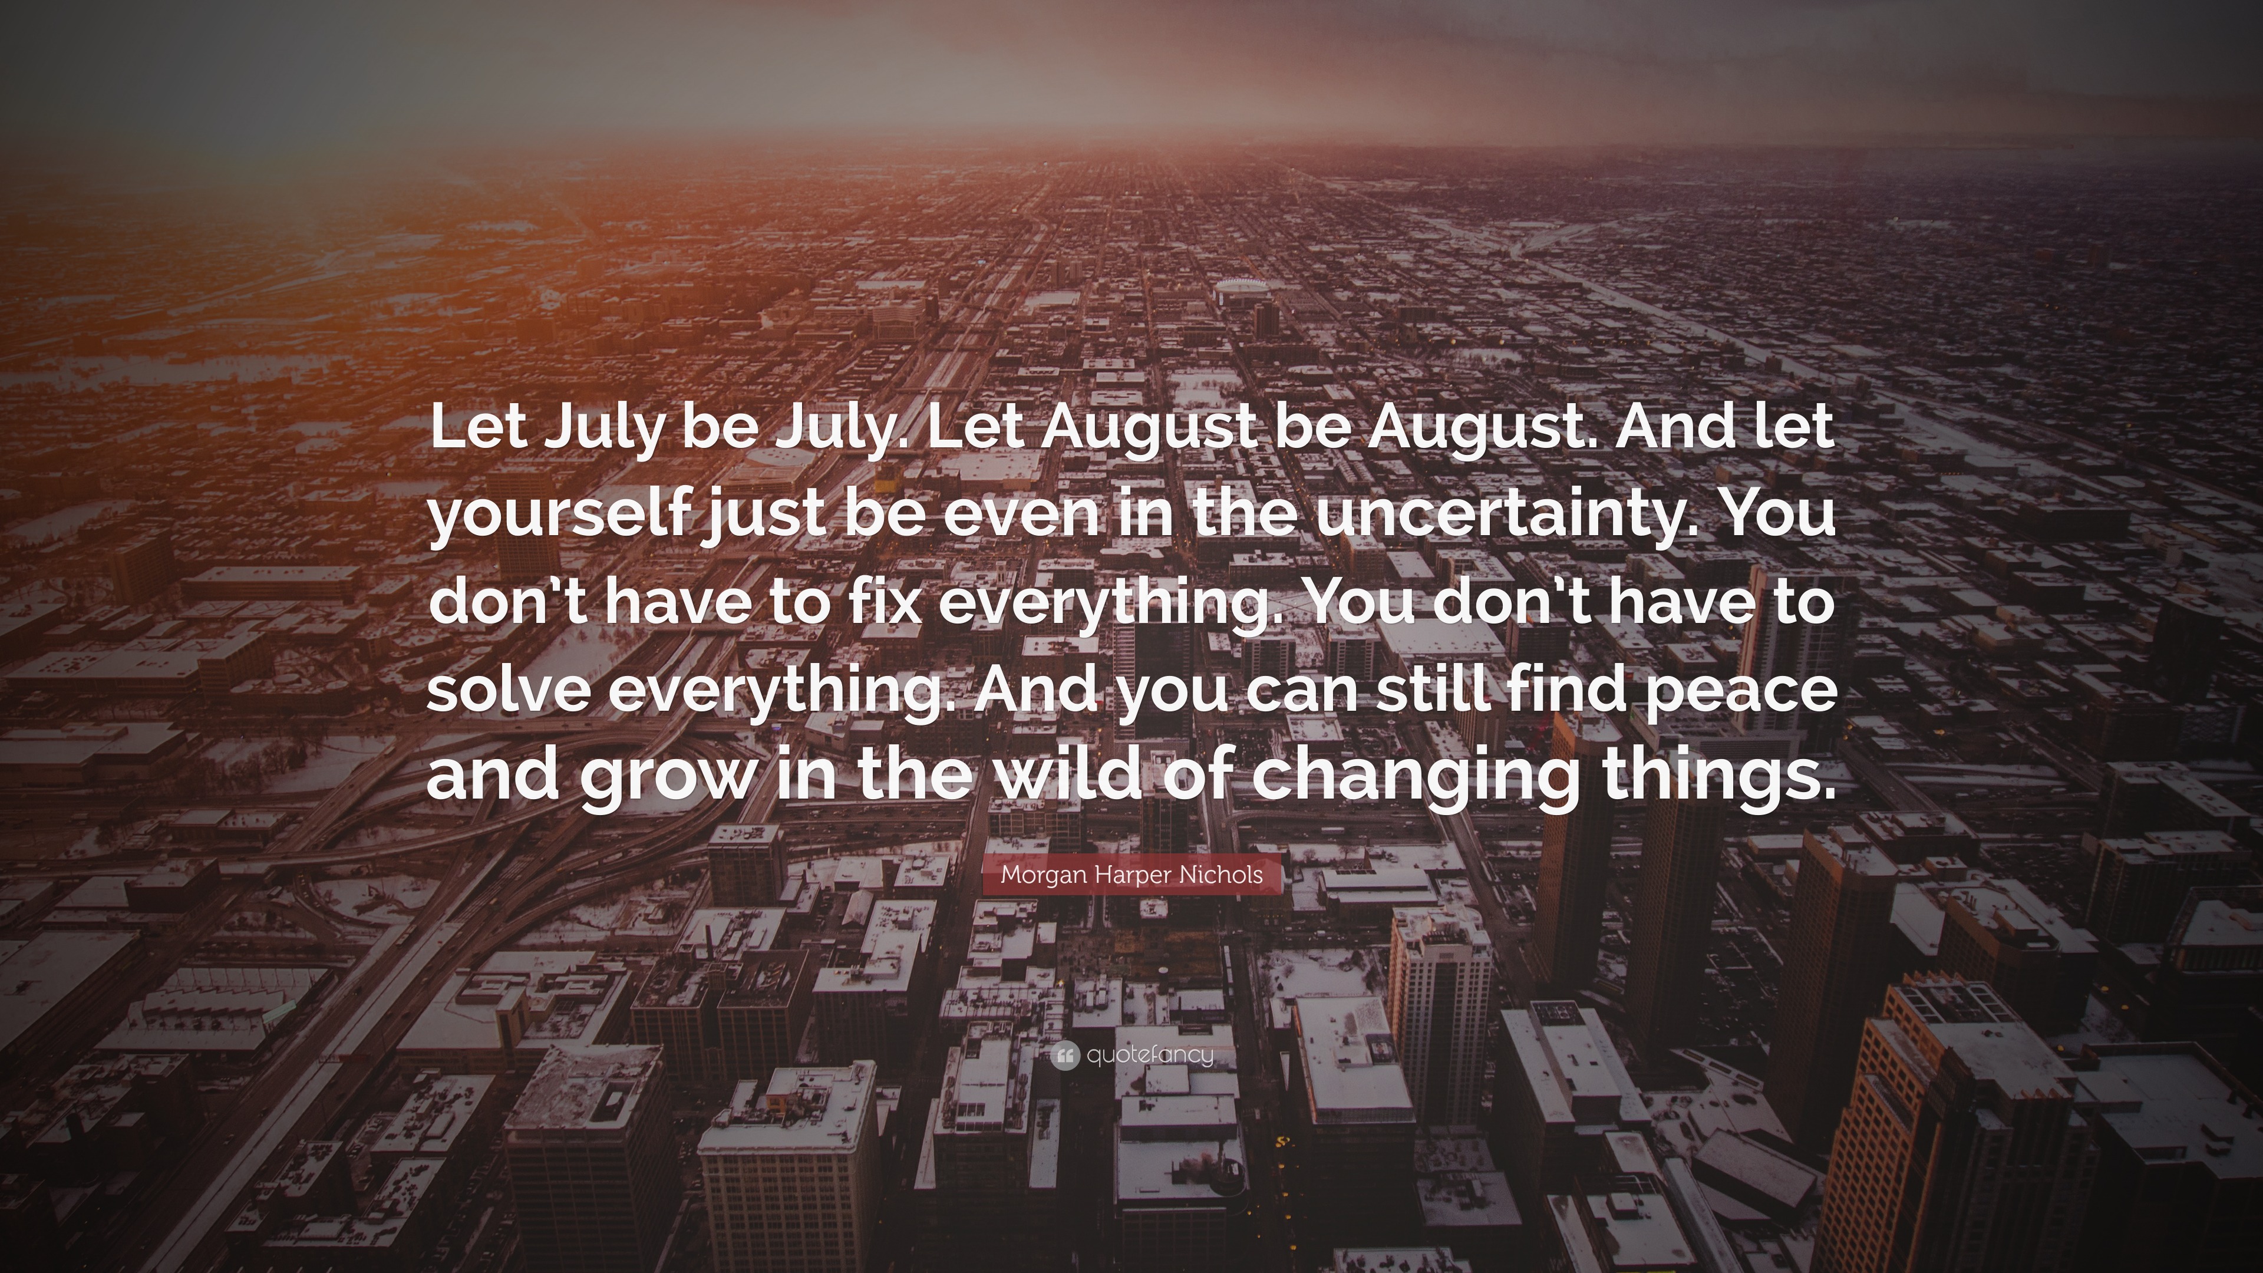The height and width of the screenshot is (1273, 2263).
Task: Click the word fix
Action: [881, 603]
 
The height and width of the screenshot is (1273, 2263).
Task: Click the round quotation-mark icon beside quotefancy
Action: [1064, 1055]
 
